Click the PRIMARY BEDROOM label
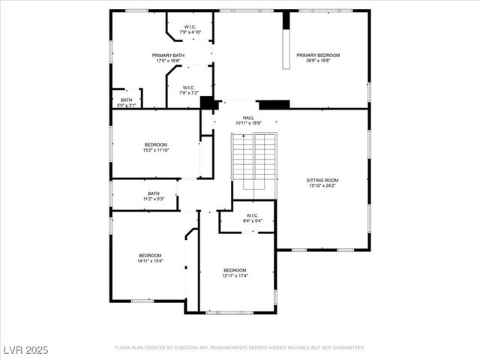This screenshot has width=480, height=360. click(318, 55)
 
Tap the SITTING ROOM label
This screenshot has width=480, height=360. click(322, 180)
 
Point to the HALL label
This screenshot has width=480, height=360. click(248, 118)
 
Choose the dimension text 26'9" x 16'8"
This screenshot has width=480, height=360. click(318, 61)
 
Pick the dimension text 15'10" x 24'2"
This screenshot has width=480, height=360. click(322, 185)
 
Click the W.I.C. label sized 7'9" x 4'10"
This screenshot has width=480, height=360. click(189, 28)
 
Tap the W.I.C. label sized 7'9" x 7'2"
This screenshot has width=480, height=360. click(189, 88)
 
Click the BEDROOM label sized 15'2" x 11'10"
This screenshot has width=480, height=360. click(156, 145)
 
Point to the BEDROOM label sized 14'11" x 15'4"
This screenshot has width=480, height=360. click(150, 256)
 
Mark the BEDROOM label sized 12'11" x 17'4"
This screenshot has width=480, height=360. click(235, 270)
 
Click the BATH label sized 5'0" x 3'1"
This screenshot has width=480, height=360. click(126, 100)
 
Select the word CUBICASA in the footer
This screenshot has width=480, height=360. click(191, 348)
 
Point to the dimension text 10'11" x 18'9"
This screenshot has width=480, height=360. click(248, 123)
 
